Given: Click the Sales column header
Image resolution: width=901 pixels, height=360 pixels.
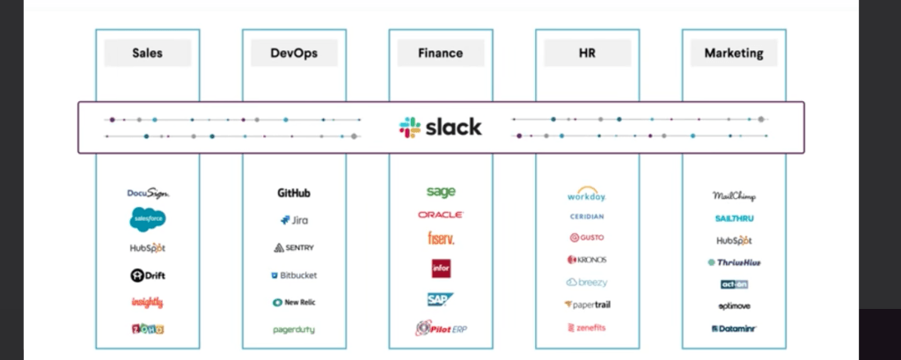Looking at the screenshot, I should tap(148, 53).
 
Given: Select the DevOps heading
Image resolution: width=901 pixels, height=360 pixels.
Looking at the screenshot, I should tap(294, 53).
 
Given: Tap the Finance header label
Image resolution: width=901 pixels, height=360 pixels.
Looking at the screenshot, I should tap(441, 53).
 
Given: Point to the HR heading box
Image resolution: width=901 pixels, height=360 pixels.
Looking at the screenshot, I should tap(587, 53).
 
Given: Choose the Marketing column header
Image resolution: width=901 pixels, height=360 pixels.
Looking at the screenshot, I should tap(734, 53).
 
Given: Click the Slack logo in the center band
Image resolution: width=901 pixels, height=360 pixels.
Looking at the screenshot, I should tap(441, 127).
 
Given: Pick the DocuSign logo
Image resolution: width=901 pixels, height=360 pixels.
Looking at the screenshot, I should tap(148, 194).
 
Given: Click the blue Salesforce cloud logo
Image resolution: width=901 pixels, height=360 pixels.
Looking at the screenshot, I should tap(148, 218).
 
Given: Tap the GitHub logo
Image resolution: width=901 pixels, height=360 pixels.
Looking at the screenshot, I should tap(294, 193).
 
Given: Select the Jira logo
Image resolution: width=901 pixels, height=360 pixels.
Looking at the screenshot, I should tap(294, 220).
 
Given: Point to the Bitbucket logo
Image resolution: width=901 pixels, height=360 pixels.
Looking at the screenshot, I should tap(294, 276).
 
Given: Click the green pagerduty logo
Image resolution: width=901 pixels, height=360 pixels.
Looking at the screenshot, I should tap(294, 329).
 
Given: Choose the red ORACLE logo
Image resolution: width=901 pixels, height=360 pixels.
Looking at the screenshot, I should tap(441, 215).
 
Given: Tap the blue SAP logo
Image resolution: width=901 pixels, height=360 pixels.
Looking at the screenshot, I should tap(441, 299).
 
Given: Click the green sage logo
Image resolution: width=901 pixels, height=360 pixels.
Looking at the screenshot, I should tap(441, 191).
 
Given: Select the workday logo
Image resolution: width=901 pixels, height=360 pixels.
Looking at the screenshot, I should tap(587, 195).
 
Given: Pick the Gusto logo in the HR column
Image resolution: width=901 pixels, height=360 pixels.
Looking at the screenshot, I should tap(587, 238).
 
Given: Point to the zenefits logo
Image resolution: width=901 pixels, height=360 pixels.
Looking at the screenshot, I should tap(587, 327).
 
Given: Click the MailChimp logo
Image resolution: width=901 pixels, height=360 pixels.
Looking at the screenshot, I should tap(734, 196).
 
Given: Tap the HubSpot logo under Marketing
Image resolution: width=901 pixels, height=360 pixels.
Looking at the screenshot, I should tap(734, 240).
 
